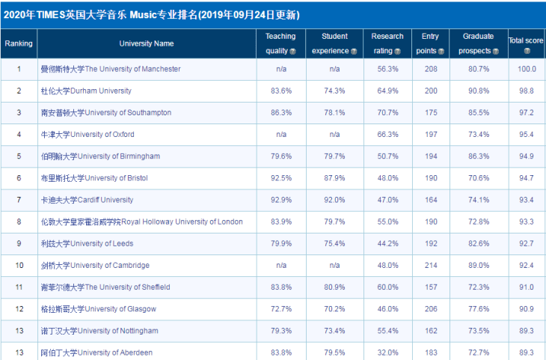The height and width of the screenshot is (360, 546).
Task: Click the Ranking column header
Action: click(19, 43)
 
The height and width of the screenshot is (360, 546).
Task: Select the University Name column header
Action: click(147, 43)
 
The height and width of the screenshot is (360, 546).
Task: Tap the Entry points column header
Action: click(430, 43)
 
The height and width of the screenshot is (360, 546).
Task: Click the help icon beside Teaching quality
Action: click(292, 52)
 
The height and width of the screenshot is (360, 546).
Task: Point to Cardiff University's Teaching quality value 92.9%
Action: click(281, 200)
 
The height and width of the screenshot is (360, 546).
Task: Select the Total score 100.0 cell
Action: click(527, 69)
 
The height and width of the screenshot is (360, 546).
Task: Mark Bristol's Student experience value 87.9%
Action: click(334, 178)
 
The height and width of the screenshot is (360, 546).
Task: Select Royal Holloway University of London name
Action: click(141, 222)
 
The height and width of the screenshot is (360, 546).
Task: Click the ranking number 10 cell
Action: click(19, 266)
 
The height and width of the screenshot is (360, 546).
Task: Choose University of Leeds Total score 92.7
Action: click(527, 244)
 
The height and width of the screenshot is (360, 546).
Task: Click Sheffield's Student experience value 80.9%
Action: click(334, 287)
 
